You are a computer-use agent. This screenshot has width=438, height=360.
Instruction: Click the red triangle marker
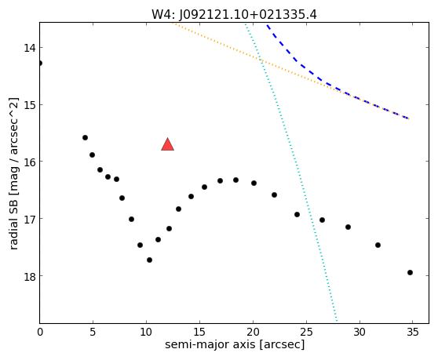pos(168,144)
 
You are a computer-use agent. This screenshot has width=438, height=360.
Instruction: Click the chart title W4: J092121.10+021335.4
pos(234,15)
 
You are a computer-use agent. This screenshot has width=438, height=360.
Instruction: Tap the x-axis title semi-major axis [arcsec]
pos(235,344)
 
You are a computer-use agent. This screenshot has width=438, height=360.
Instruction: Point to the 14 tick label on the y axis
pos(30,48)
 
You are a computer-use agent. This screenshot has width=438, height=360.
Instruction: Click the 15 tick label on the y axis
pos(30,104)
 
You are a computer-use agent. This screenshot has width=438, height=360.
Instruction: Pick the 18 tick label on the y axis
pos(30,276)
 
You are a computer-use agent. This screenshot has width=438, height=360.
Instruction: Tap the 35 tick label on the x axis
pos(413,332)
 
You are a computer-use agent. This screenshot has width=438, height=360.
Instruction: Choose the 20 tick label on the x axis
pos(253,332)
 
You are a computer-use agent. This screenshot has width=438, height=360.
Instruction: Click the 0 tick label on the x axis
pos(40,332)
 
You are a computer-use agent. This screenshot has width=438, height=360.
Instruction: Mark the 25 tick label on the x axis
pos(306,332)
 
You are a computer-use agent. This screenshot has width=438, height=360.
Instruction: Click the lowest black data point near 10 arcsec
pos(149,260)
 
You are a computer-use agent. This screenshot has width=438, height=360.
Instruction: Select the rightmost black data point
pos(410,273)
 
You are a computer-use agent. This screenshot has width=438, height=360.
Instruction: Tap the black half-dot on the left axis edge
pos(41,63)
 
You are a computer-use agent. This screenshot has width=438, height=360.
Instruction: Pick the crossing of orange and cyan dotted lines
pos(260,59)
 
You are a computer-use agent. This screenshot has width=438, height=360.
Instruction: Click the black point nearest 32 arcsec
pos(378,245)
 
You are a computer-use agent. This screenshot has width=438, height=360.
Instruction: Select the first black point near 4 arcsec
pos(86,137)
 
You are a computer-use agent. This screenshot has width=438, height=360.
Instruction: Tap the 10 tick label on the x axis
pos(146,332)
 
